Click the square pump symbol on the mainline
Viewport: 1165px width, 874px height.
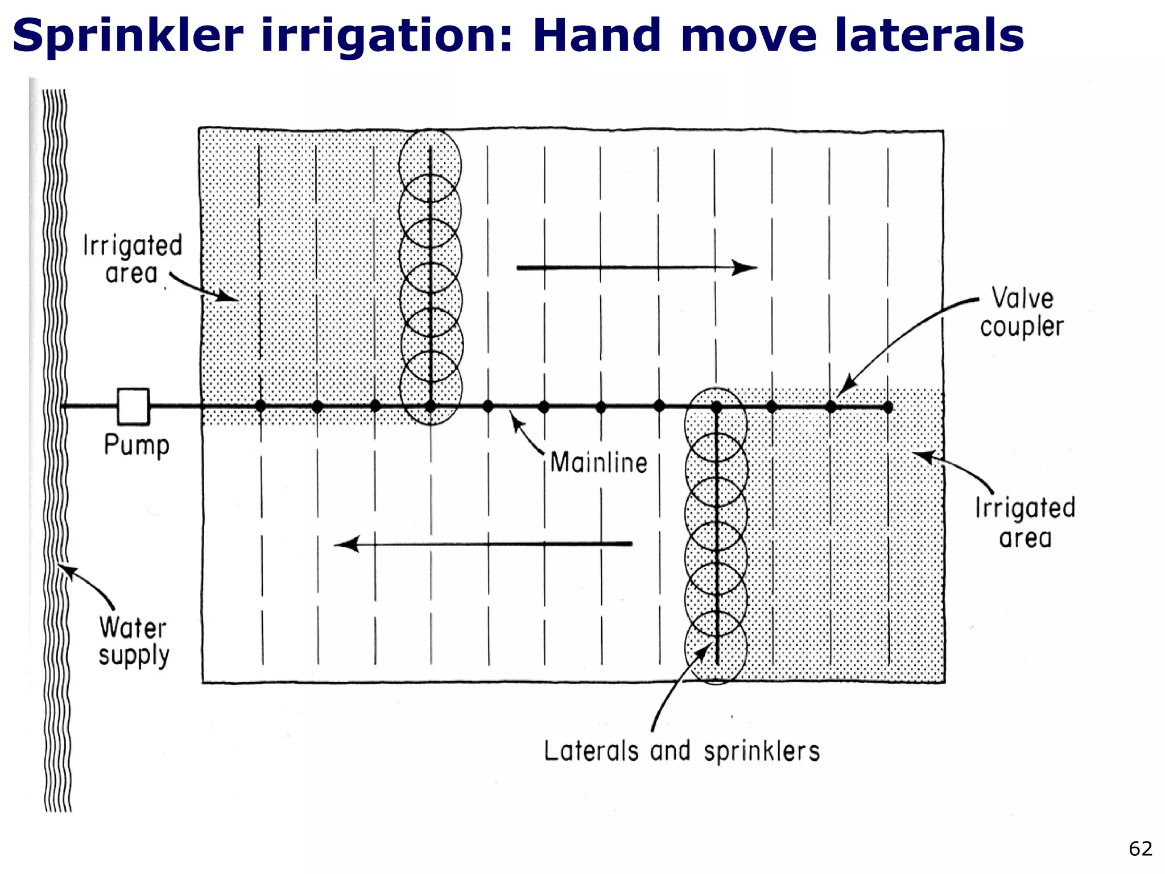point(133,406)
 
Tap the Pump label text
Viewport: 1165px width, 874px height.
point(137,445)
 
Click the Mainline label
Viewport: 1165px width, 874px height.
point(598,463)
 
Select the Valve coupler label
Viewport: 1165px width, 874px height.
point(1022,312)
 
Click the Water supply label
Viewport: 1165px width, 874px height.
point(134,642)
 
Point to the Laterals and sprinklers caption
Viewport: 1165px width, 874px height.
point(681,751)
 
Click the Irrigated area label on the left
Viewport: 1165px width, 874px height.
point(132,259)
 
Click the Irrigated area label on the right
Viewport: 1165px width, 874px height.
point(1025,522)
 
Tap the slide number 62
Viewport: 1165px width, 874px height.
point(1140,848)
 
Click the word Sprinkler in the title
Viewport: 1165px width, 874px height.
point(128,35)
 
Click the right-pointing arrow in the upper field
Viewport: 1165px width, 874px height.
point(637,267)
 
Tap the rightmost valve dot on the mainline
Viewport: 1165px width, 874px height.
point(888,407)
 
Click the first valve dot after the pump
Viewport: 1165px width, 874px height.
point(261,406)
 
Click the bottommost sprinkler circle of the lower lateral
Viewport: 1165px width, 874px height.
point(716,648)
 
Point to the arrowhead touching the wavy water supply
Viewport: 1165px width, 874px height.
point(67,570)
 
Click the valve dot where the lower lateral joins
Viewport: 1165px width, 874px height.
point(716,407)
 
